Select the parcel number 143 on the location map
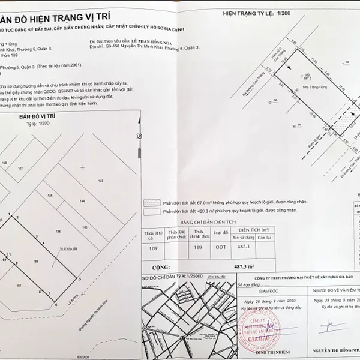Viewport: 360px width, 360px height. pos(101,181)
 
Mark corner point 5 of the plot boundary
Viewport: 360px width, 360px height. pos(80,279)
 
